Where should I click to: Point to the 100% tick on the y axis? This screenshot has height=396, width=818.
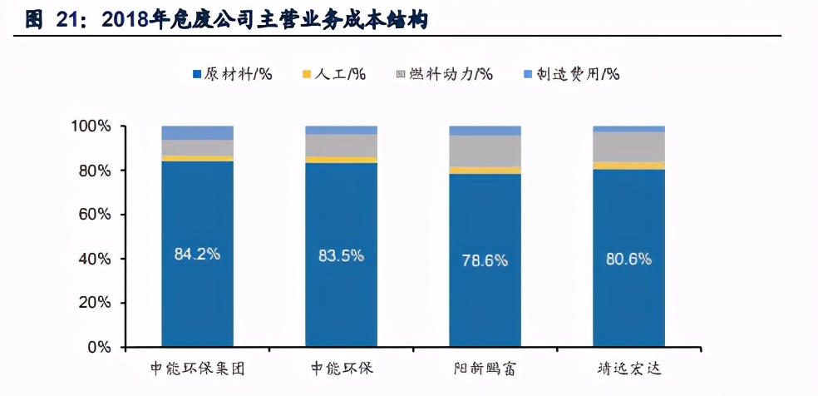click(x=90, y=126)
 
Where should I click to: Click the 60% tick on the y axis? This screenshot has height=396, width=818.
click(x=94, y=215)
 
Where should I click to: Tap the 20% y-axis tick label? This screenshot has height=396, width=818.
click(x=94, y=303)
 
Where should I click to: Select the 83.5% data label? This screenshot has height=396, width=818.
click(x=341, y=255)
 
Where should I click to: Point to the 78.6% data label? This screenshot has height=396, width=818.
click(x=485, y=260)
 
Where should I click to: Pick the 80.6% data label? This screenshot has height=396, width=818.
click(x=628, y=259)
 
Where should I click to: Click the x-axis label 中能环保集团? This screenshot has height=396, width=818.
click(x=197, y=368)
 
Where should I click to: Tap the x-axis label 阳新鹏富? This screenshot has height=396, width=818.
click(x=485, y=368)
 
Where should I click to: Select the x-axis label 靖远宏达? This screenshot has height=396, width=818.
click(x=628, y=368)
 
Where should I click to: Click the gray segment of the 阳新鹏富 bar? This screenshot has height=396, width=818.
click(x=485, y=151)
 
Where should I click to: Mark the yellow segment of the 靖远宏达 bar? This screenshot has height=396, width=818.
click(x=628, y=166)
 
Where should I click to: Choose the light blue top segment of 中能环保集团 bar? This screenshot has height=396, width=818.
click(x=197, y=133)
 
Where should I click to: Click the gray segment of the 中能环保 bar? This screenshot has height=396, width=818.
click(x=341, y=146)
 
